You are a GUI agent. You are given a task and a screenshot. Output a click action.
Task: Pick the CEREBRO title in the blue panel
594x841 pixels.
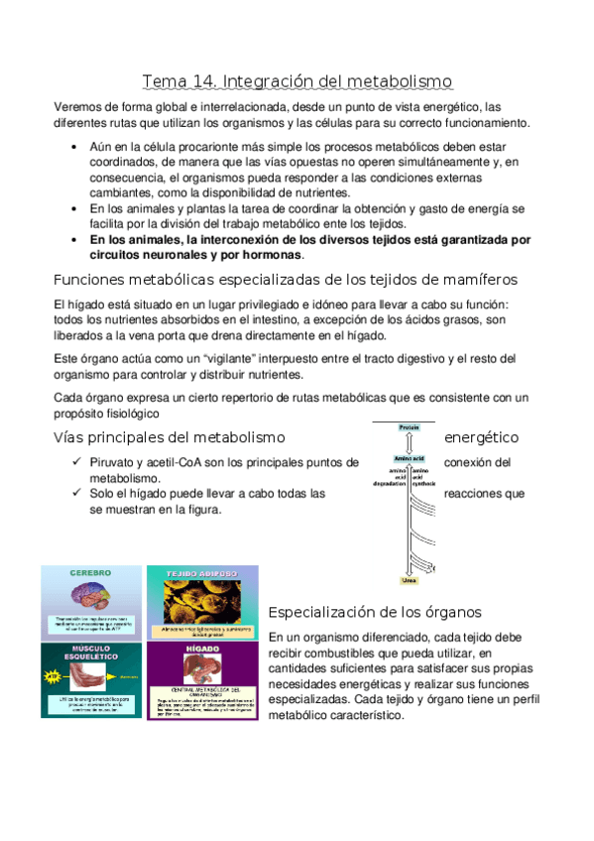click(x=90, y=573)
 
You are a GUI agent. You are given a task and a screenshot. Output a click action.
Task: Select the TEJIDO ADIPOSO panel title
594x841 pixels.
click(x=201, y=573)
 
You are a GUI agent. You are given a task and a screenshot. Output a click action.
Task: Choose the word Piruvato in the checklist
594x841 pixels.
click(x=115, y=462)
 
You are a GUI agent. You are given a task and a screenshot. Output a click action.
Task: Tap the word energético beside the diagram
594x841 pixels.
click(x=482, y=437)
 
